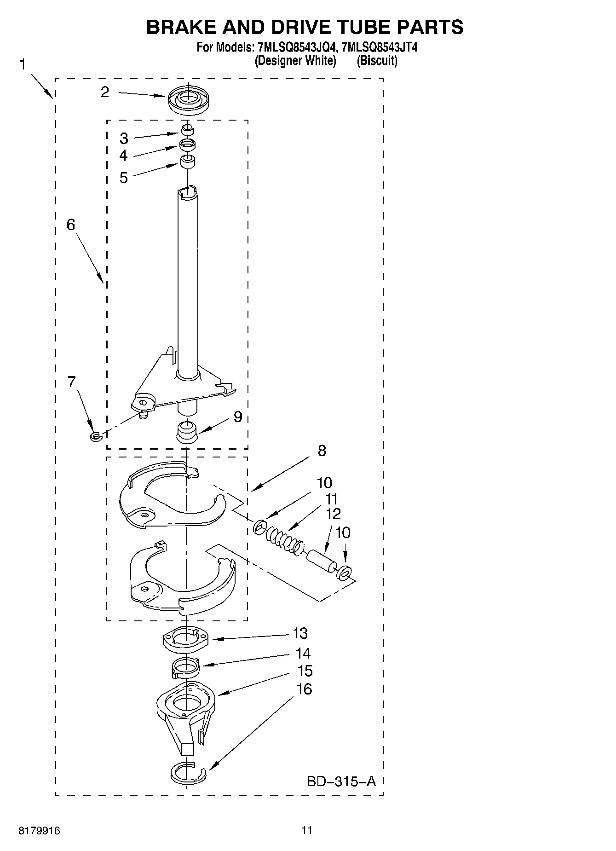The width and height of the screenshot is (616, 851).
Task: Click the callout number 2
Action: [x=105, y=92]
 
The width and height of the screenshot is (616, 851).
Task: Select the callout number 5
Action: [x=123, y=178]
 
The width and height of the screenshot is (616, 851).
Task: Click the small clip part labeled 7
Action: [x=95, y=435]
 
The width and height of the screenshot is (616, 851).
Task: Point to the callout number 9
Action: [x=237, y=417]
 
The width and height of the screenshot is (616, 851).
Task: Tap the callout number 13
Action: [x=300, y=633]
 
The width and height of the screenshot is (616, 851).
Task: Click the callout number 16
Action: [x=305, y=689]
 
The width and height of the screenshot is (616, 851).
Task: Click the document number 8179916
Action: [x=40, y=831]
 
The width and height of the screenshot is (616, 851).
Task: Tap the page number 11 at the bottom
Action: [x=307, y=830]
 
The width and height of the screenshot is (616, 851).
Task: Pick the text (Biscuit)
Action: [x=377, y=60]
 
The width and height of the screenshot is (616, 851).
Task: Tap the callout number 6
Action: [x=71, y=225]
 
